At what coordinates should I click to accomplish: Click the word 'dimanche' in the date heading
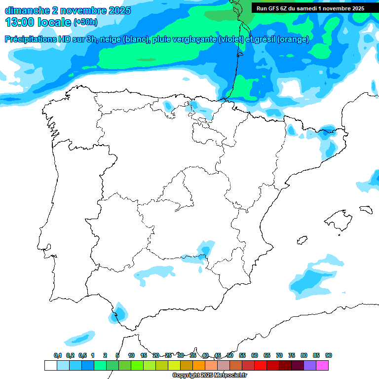pos(28,10)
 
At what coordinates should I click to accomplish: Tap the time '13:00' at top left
pos(21,22)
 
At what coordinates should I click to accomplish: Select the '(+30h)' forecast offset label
pos(85,22)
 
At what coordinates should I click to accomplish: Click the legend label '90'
pos(329,355)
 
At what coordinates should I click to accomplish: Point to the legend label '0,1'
pos(57,355)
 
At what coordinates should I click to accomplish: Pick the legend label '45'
pos(218,355)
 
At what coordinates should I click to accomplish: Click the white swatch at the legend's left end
pos(50,365)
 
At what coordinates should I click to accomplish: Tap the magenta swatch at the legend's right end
pos(322,365)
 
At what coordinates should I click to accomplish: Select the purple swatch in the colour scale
pos(310,365)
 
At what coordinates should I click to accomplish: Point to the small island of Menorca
pos(365,209)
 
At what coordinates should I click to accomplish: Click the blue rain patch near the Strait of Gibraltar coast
pos(118,313)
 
